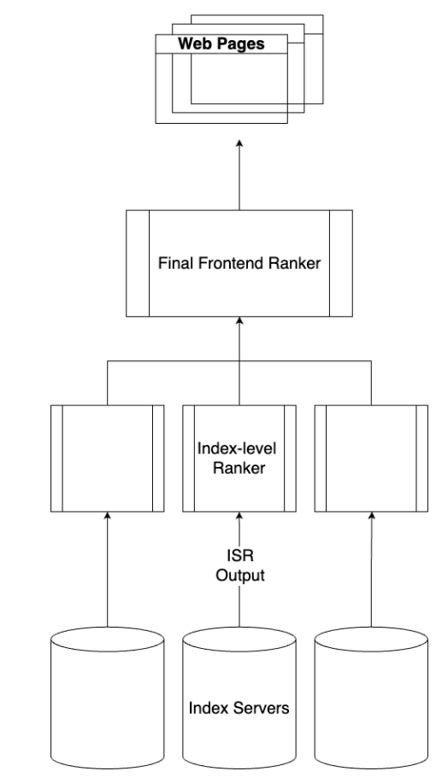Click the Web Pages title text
[x=221, y=44]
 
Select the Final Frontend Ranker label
[x=239, y=263]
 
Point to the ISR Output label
[x=240, y=565]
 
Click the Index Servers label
[x=239, y=708]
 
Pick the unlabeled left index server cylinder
[x=107, y=698]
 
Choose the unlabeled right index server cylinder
[x=371, y=698]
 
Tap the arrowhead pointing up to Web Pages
[x=239, y=143]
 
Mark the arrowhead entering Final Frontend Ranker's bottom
[x=239, y=320]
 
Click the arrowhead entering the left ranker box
[x=107, y=516]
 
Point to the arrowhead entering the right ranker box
[x=371, y=516]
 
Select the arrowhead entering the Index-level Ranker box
[x=239, y=516]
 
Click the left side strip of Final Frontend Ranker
[x=138, y=263]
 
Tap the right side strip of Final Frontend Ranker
[x=341, y=263]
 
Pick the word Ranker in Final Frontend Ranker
[x=295, y=263]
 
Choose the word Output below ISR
[x=240, y=575]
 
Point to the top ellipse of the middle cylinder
[x=239, y=627]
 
